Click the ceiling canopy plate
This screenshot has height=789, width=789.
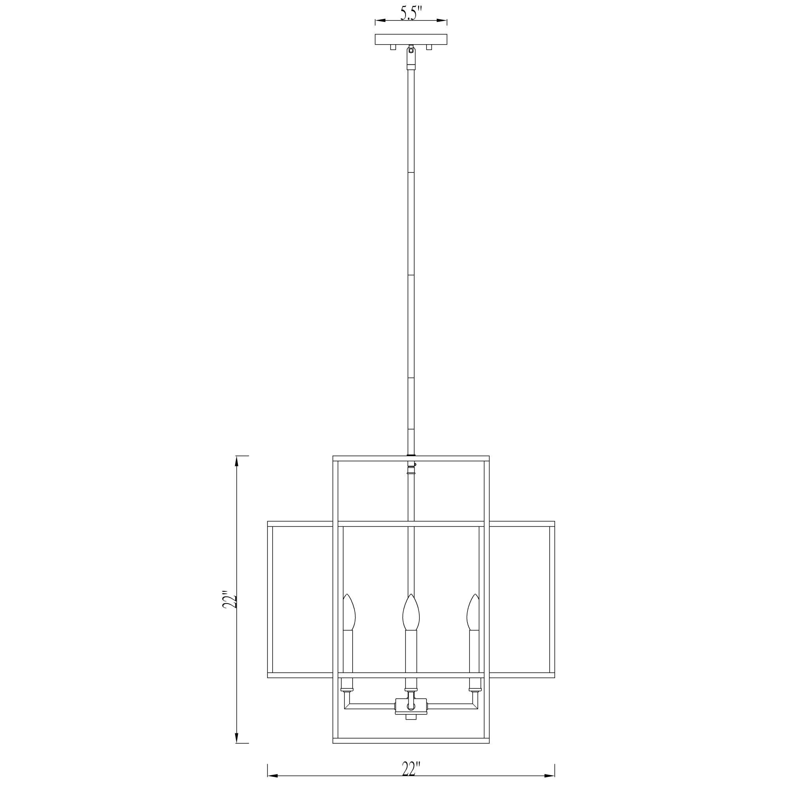(x=411, y=39)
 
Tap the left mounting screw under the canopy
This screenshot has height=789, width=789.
(x=393, y=47)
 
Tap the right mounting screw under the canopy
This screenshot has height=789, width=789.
(x=429, y=47)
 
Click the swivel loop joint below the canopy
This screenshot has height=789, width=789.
(x=411, y=52)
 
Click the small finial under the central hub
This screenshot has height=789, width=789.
(x=411, y=717)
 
